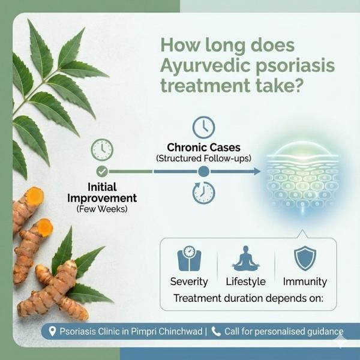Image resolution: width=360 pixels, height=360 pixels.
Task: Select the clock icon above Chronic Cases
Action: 203,127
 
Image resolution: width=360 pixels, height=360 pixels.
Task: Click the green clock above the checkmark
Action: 102,149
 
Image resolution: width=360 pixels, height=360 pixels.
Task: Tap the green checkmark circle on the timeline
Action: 102,171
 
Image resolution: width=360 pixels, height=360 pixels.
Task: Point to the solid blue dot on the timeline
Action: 203,171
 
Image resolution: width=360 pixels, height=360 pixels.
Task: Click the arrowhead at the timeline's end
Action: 257,171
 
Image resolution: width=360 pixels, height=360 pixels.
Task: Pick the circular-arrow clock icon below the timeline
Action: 203,193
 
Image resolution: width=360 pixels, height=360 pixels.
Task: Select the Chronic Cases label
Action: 203,148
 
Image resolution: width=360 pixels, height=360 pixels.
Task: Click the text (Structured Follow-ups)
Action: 203,158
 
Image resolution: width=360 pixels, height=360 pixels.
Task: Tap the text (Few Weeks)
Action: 102,209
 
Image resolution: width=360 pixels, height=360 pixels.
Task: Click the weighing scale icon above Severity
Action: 190,258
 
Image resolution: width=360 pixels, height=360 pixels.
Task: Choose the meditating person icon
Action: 246,258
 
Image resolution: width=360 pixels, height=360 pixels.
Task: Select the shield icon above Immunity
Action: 305,258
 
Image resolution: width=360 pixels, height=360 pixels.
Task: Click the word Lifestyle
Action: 246,282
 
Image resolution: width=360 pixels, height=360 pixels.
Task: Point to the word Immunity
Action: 305,282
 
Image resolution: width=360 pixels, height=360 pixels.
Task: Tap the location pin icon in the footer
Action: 52,332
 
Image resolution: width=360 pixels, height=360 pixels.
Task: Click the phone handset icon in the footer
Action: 216,332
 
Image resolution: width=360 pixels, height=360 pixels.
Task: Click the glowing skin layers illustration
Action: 302,177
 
